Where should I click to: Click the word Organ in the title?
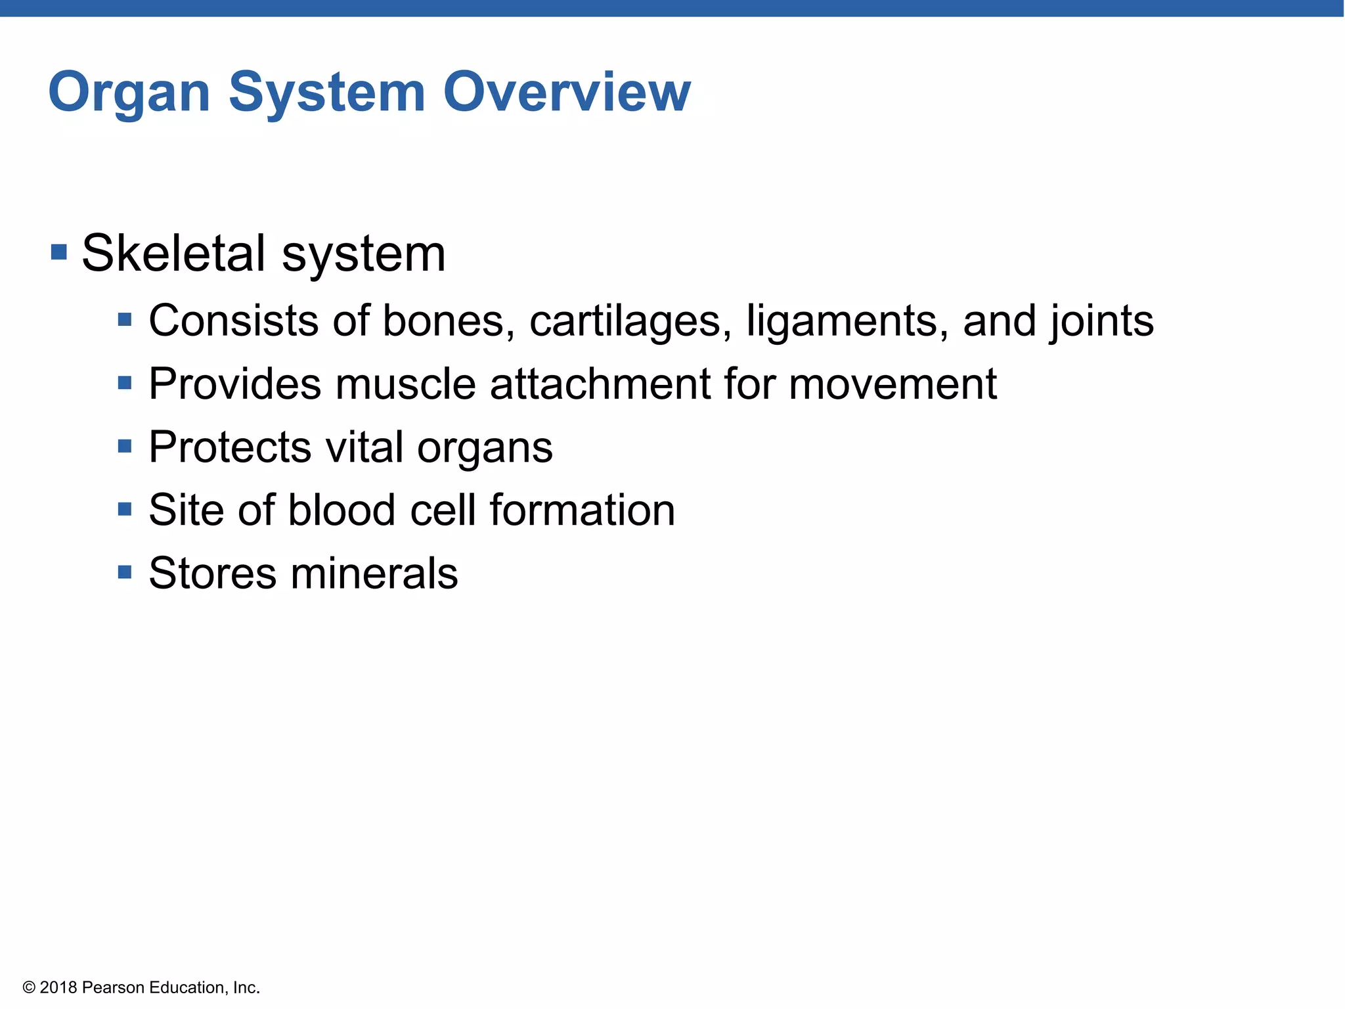129,93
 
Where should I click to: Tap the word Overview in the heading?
567,92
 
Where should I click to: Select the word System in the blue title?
326,93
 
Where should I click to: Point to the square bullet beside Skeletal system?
59,252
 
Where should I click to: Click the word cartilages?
630,321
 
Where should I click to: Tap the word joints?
1101,321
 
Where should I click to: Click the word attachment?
600,384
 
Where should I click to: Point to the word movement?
893,384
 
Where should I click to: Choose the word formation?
583,510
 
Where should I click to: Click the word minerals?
374,573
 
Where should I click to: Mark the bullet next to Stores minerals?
125,572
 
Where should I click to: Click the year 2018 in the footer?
58,988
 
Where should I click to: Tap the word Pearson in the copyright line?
113,988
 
